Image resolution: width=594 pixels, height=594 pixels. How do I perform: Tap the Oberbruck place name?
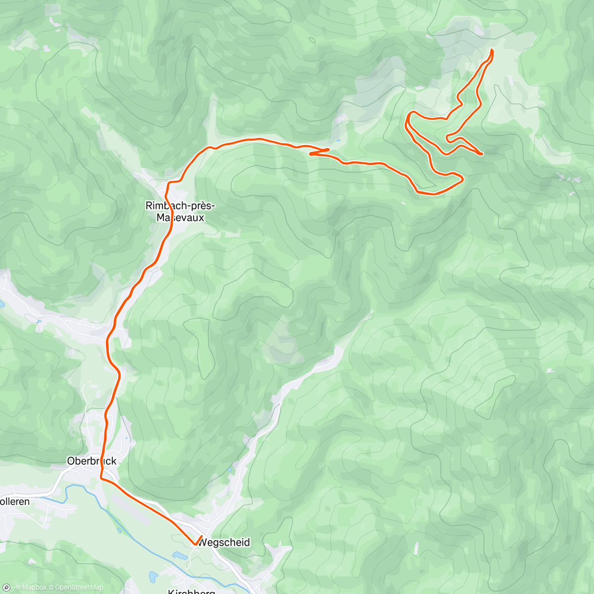click(x=92, y=461)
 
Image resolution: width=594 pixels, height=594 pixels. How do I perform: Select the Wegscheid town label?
click(x=224, y=542)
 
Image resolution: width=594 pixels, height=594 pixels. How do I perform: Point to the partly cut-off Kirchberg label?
click(x=191, y=590)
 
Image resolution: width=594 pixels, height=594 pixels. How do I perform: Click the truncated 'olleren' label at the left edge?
click(x=15, y=501)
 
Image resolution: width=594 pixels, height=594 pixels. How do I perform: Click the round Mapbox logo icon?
click(x=6, y=588)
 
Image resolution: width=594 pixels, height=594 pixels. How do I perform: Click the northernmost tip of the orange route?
click(x=492, y=50)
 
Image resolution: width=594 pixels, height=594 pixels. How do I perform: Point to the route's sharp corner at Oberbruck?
click(x=101, y=478)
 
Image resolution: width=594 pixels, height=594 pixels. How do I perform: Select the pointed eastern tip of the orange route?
click(x=482, y=154)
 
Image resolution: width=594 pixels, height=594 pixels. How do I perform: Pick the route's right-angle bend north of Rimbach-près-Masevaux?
click(x=169, y=183)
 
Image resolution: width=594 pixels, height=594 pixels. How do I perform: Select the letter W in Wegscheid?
click(x=202, y=542)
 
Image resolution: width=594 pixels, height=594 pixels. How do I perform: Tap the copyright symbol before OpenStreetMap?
click(x=51, y=588)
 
